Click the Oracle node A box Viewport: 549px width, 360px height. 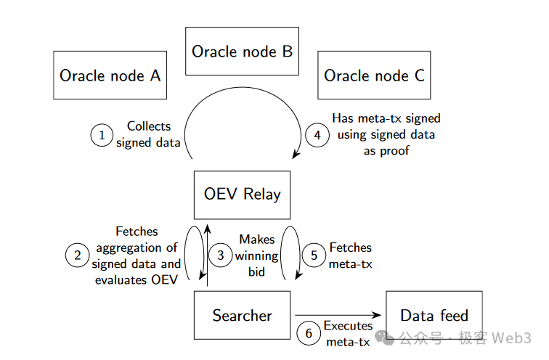[110, 75]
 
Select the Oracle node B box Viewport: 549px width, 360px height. [242, 51]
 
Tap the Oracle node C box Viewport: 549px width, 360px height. [374, 75]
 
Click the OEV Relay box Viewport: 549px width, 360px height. [242, 195]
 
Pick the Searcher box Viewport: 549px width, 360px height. [242, 315]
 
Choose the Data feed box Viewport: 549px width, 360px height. [434, 315]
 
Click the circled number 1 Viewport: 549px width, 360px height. [102, 135]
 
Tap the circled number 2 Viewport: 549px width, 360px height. [76, 255]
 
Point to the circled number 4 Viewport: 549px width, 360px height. [317, 135]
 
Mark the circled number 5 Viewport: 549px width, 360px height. [314, 255]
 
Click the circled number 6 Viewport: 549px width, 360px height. [309, 334]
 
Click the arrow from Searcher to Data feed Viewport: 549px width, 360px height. [338, 315]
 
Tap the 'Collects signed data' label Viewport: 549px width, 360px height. [148, 134]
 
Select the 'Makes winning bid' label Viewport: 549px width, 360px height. [257, 255]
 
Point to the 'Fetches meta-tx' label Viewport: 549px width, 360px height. [351, 255]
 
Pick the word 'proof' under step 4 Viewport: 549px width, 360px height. [386, 151]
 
